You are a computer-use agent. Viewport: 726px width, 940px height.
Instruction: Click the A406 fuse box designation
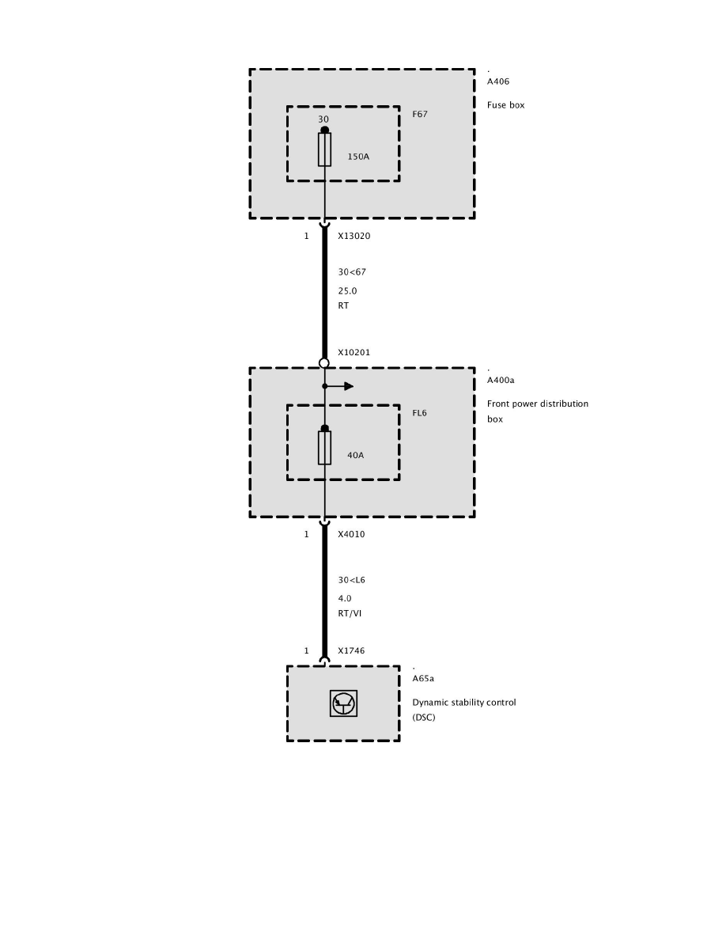(x=497, y=81)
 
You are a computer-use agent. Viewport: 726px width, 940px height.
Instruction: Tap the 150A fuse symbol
(x=324, y=149)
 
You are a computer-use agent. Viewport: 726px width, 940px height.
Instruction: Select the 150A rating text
(x=358, y=157)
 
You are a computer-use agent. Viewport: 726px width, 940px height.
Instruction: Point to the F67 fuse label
(x=420, y=114)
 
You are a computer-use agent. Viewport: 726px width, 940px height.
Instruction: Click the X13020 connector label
(x=354, y=236)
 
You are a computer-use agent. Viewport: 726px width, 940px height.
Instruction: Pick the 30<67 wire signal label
(x=352, y=272)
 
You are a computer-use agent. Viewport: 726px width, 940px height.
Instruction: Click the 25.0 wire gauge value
(x=347, y=290)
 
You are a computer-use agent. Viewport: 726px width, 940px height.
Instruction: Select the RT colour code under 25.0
(x=343, y=305)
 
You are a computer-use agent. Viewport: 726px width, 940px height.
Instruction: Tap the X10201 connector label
(x=354, y=352)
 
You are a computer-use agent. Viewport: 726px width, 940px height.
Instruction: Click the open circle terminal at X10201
(x=324, y=363)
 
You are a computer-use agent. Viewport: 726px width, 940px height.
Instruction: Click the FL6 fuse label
(x=420, y=413)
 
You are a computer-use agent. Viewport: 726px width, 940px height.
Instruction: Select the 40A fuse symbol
(x=324, y=447)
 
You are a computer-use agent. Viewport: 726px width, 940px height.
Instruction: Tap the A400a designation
(x=501, y=380)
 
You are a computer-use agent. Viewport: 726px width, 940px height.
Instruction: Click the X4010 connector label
(x=351, y=534)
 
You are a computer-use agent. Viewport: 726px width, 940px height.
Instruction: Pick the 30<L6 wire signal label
(x=351, y=580)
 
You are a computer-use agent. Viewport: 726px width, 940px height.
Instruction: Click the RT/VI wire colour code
(x=350, y=613)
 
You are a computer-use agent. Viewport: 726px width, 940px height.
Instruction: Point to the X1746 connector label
(x=351, y=650)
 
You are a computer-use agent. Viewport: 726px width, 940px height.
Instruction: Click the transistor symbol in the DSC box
(x=344, y=703)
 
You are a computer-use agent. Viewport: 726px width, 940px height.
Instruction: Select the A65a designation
(x=423, y=678)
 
